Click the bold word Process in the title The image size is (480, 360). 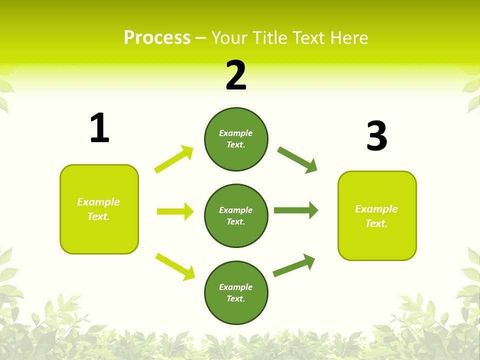[x=157, y=38]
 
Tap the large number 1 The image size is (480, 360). [x=99, y=128]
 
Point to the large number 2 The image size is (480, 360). [x=236, y=75]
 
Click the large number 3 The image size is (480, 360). [x=376, y=136]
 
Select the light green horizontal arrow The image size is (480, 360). [x=175, y=211]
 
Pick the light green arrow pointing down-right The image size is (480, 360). [x=175, y=266]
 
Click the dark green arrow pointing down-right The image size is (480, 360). [x=297, y=160]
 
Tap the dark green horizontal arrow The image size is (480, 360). [x=296, y=210]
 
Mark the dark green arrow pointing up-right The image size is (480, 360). [x=294, y=265]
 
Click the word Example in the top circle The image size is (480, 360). [x=235, y=133]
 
